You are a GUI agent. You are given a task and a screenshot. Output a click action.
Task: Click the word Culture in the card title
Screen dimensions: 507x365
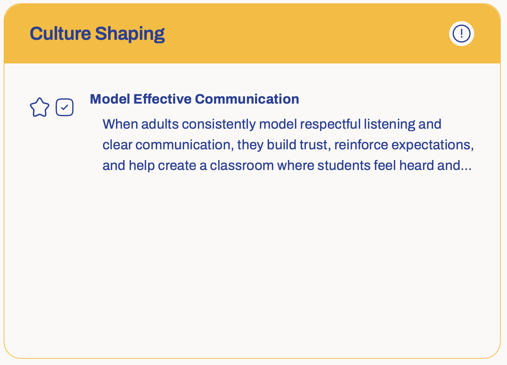click(60, 34)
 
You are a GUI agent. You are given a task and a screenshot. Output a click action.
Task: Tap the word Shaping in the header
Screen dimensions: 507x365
click(130, 34)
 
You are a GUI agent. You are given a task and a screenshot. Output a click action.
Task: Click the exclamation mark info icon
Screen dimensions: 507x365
click(461, 34)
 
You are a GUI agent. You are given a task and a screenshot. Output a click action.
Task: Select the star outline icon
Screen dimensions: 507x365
click(39, 107)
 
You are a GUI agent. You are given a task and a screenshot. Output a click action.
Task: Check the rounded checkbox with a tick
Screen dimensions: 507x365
click(65, 107)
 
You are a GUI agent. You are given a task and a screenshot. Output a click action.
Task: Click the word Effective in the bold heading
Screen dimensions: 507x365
click(162, 99)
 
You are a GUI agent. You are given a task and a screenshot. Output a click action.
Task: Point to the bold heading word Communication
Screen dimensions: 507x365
click(247, 99)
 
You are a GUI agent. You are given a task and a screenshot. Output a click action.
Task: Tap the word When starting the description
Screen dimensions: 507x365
click(120, 124)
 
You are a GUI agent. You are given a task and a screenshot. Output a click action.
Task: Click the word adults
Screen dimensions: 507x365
click(160, 124)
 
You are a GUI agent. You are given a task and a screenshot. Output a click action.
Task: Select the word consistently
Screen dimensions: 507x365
click(219, 125)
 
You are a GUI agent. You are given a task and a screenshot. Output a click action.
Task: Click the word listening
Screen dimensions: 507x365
click(389, 125)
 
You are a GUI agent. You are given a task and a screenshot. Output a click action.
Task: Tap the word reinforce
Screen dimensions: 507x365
click(361, 145)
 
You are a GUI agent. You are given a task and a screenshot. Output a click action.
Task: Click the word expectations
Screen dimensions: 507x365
click(432, 145)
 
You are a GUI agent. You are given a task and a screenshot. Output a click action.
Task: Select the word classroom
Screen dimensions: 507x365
click(242, 165)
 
